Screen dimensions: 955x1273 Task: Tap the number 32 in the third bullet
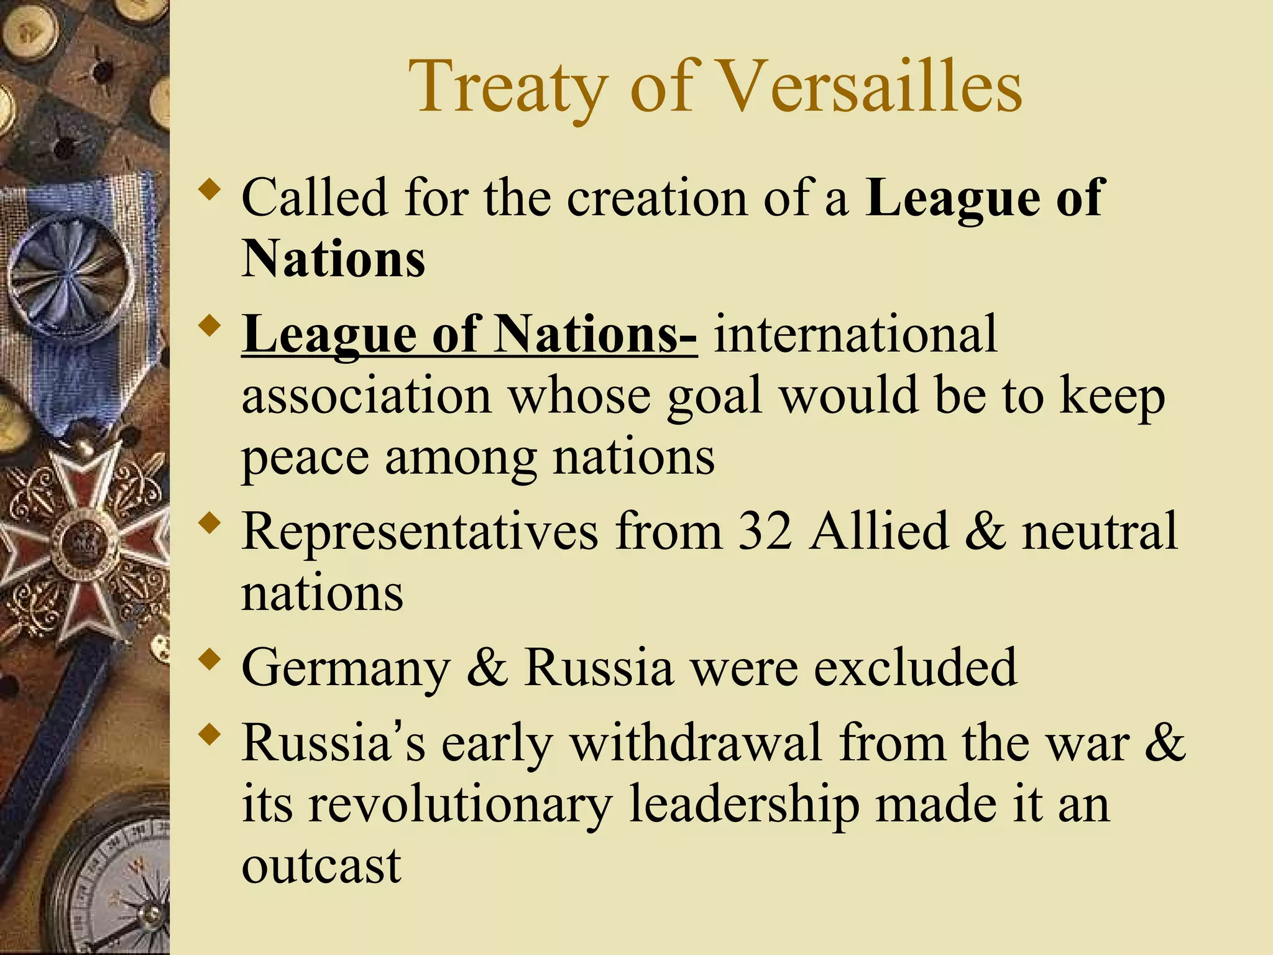(x=765, y=532)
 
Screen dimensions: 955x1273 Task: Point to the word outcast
(x=321, y=865)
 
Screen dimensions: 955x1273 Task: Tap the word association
(x=366, y=396)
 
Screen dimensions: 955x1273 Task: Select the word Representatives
(x=420, y=532)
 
